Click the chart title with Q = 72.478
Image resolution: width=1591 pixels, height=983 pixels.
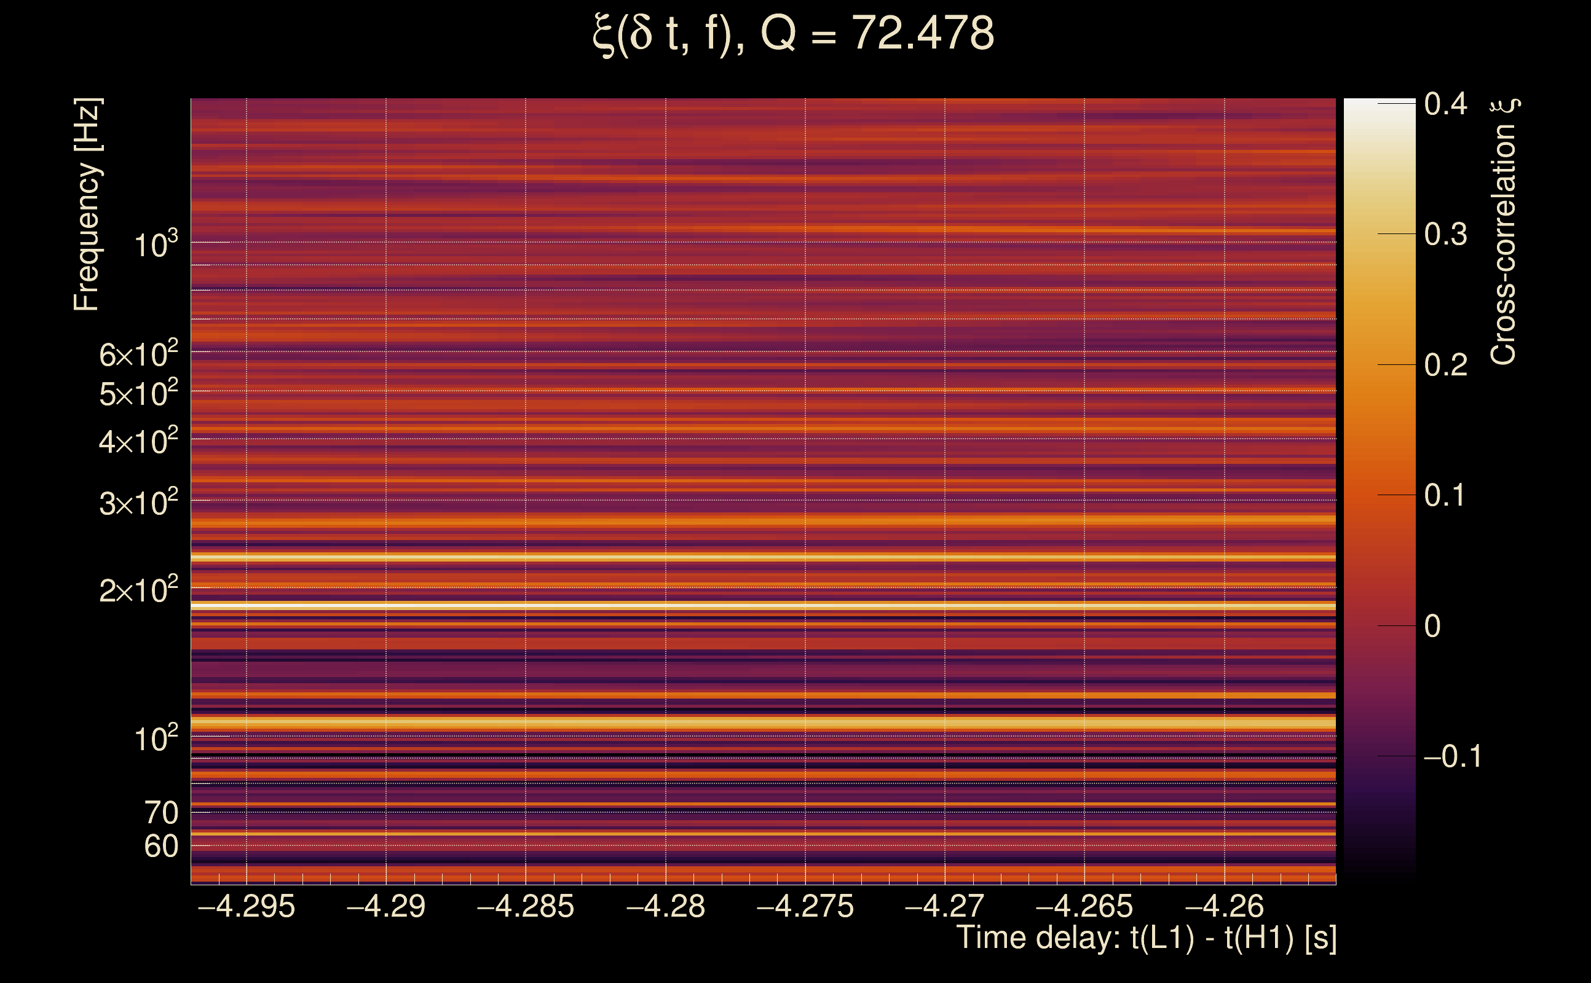click(794, 34)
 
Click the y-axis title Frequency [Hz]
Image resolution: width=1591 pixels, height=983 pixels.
click(87, 204)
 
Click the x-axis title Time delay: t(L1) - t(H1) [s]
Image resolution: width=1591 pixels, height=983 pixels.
click(1146, 938)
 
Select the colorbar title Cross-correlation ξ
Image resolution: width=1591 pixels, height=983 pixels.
click(1504, 232)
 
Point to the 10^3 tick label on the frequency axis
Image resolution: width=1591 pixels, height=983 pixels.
click(156, 245)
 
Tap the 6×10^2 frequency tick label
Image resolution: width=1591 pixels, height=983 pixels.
click(138, 354)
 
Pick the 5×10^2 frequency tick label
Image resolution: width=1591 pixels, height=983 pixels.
click(138, 393)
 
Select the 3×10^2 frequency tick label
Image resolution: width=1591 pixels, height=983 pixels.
click(138, 503)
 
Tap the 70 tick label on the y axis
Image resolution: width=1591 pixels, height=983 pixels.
click(161, 813)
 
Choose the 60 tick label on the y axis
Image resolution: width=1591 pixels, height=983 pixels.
click(161, 847)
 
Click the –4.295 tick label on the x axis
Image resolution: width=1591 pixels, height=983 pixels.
click(247, 906)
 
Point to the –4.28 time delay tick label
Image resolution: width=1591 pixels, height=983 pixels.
click(665, 906)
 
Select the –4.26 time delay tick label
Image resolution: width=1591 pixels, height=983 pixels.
click(1225, 906)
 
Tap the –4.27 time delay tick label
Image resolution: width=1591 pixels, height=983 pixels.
click(944, 906)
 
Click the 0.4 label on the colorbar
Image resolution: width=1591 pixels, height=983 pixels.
click(1445, 104)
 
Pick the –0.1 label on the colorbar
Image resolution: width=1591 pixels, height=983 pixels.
click(1453, 756)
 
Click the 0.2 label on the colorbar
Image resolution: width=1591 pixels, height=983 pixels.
click(1445, 365)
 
